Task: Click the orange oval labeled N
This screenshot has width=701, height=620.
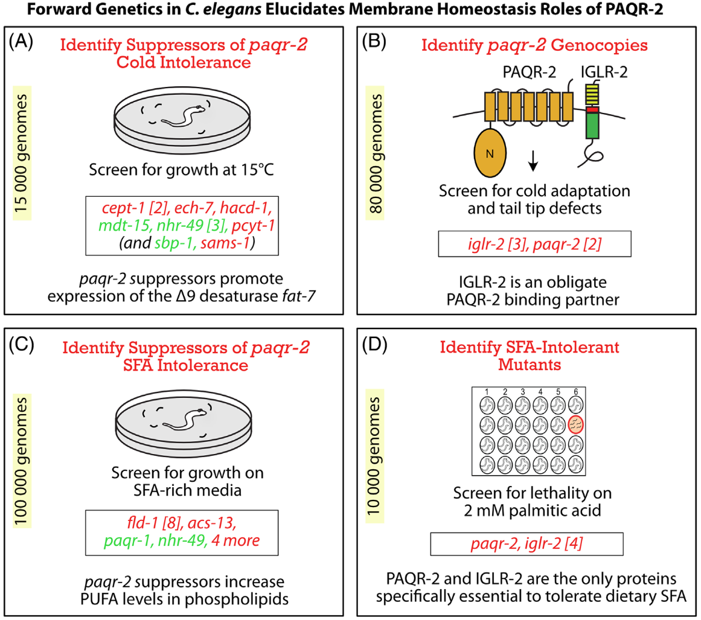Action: tap(490, 153)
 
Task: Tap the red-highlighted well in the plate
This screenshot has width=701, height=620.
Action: tap(576, 424)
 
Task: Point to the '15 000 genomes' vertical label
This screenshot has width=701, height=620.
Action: tap(21, 153)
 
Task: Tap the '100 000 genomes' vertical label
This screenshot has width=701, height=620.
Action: tap(21, 461)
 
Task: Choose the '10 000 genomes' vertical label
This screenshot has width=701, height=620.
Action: tap(374, 456)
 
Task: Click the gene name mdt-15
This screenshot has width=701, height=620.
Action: tap(123, 225)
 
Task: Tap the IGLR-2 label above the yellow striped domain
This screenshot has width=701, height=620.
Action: tap(604, 72)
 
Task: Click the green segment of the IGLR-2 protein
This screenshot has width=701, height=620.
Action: tap(592, 125)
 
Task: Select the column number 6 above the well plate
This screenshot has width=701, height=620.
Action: tap(576, 392)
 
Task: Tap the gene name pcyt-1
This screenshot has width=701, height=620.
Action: tap(253, 225)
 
